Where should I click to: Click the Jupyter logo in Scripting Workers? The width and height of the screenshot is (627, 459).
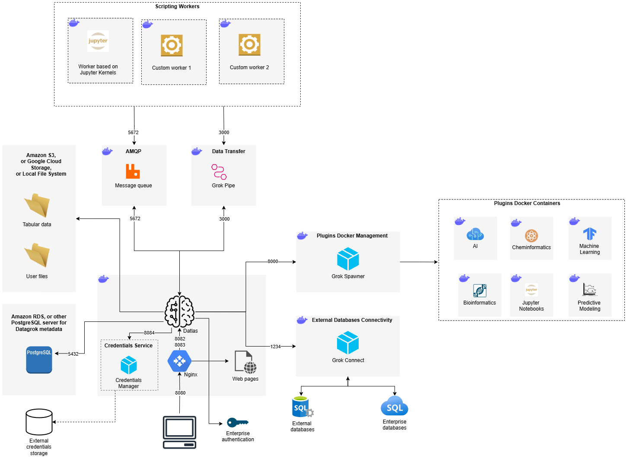[98, 41]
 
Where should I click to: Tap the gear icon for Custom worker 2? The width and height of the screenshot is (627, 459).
[249, 45]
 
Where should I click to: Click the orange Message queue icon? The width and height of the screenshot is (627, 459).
[133, 171]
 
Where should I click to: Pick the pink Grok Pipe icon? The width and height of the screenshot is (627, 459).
[219, 172]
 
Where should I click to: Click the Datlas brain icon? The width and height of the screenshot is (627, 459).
[179, 312]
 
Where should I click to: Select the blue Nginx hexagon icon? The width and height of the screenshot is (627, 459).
[179, 361]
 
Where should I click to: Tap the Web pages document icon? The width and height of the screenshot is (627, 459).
[245, 362]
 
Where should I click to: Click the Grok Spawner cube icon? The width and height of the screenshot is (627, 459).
[348, 259]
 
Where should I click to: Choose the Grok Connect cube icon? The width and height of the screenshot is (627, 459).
[348, 343]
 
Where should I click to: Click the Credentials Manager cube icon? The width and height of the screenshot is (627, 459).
[128, 365]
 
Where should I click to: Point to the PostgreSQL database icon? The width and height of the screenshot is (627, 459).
[39, 359]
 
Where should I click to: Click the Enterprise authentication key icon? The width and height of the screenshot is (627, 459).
[238, 422]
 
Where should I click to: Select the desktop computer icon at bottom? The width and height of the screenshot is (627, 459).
[179, 432]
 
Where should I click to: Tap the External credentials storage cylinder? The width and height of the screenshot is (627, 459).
[39, 422]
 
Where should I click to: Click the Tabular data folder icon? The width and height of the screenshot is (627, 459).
[37, 205]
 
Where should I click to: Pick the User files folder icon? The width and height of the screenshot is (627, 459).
[37, 255]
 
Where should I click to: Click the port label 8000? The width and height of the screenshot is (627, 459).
[273, 261]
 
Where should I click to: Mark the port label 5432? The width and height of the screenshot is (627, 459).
[73, 354]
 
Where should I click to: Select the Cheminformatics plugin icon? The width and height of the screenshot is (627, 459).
[531, 236]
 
